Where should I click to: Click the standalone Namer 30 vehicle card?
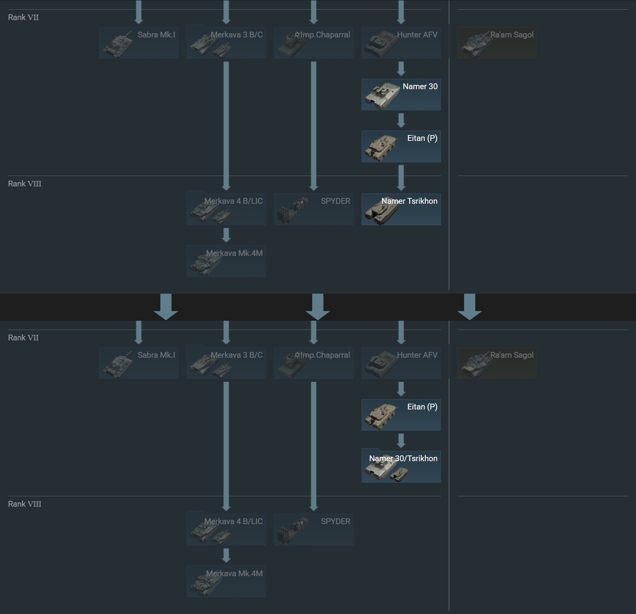coord(401,95)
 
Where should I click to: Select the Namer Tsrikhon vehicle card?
coord(401,209)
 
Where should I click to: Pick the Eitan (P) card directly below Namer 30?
coord(401,146)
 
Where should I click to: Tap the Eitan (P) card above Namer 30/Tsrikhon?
coord(401,415)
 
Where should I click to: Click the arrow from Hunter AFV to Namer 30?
coord(401,69)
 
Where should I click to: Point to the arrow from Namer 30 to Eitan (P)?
coord(401,120)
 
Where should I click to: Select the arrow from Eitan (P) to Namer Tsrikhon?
coord(401,178)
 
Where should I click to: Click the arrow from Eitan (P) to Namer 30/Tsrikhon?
coord(401,441)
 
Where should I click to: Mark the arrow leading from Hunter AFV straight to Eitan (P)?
coord(401,389)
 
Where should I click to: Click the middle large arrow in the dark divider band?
coord(318,307)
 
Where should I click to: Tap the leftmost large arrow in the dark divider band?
coord(166,307)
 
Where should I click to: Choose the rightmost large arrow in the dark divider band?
coord(469,307)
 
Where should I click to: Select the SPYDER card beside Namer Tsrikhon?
coord(313,209)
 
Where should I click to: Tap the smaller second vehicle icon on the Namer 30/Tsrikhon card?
coord(399,475)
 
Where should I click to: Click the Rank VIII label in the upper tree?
coord(25,184)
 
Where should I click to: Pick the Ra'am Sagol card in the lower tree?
coord(497,363)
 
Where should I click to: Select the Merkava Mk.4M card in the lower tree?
coord(226,582)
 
